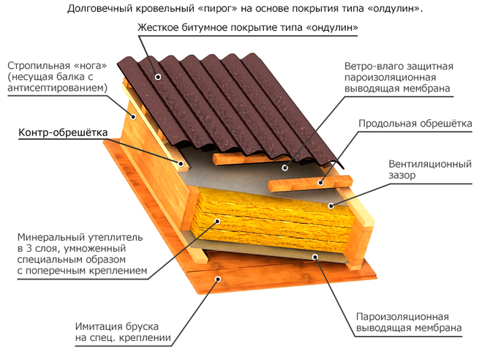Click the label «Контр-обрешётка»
click(x=63, y=132)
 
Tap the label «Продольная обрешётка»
click(x=415, y=124)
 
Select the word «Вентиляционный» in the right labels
click(x=430, y=164)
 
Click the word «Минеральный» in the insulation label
click(x=51, y=237)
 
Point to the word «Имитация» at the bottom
click(x=99, y=326)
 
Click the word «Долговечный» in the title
click(x=98, y=9)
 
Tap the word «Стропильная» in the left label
click(x=39, y=66)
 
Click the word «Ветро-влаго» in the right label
click(x=374, y=66)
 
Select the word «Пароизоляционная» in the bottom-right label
click(x=402, y=317)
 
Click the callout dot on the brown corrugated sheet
click(x=158, y=77)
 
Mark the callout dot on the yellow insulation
click(x=217, y=221)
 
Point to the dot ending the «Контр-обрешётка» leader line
click(x=181, y=163)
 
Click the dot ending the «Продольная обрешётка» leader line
click(x=320, y=183)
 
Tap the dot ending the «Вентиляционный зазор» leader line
click(x=331, y=206)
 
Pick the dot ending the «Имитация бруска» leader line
click(x=218, y=279)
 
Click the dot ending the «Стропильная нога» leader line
click(x=133, y=116)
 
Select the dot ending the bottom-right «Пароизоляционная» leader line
click(x=315, y=257)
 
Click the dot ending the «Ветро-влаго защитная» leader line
click(x=285, y=168)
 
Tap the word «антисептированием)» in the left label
click(x=58, y=88)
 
